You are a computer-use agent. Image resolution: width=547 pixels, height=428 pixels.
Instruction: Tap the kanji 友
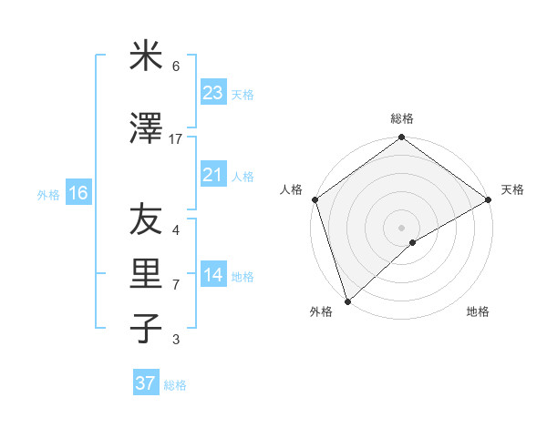[146, 219]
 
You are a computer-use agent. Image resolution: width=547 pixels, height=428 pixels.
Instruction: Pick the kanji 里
[146, 274]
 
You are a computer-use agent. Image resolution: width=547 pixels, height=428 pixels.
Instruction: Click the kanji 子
[146, 329]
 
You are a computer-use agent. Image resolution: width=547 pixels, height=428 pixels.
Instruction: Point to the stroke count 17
[176, 139]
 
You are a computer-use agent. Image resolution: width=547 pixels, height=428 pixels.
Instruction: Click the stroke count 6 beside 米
[176, 66]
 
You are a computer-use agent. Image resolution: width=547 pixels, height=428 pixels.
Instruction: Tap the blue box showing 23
[213, 93]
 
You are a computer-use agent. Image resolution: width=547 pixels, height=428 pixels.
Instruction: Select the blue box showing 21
[213, 175]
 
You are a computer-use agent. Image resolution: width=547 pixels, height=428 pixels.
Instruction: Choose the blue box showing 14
[213, 275]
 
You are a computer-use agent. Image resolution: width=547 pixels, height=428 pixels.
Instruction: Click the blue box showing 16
[77, 193]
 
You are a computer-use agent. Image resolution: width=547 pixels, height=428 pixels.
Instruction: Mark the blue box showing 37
[146, 383]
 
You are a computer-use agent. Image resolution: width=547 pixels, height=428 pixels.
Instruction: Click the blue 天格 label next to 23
[242, 95]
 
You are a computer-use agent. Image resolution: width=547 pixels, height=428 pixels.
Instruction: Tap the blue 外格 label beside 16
[48, 194]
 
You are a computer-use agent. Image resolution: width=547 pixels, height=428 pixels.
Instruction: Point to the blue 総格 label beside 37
[175, 385]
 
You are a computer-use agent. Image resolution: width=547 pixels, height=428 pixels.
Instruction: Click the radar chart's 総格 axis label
[401, 118]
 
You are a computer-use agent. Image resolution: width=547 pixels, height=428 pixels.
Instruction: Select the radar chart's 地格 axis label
[478, 312]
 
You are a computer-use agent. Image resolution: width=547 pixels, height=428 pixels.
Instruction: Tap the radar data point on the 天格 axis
[488, 199]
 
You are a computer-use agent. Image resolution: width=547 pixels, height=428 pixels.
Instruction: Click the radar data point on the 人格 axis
[315, 199]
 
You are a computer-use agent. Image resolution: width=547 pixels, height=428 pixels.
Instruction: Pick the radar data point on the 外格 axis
[347, 301]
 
